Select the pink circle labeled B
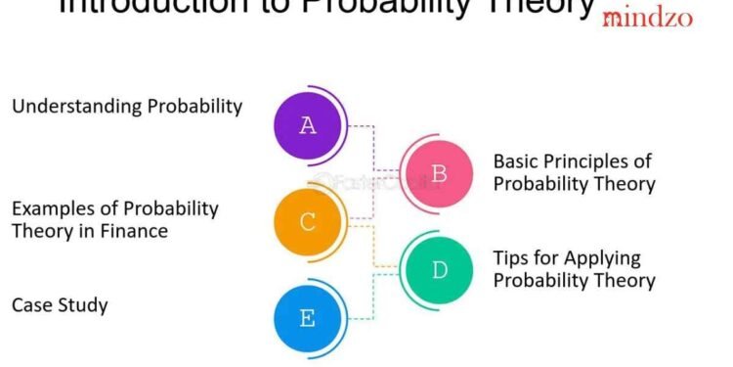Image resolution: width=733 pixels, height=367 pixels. (439, 174)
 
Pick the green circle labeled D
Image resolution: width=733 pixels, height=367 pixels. (439, 269)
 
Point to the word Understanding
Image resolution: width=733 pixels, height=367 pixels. (66, 107)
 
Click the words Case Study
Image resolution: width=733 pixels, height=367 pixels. (60, 305)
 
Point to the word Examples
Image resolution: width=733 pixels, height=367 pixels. (47, 209)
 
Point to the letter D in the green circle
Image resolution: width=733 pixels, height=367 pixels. (439, 269)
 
